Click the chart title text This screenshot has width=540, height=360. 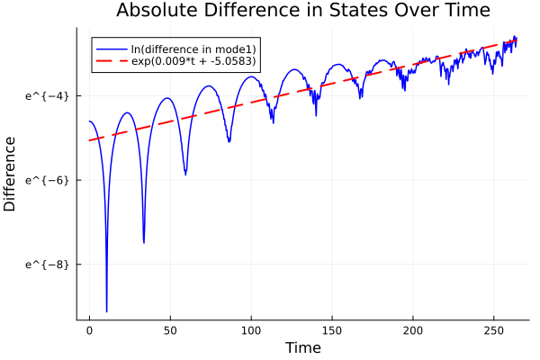[302, 12]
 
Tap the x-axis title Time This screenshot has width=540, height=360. [302, 347]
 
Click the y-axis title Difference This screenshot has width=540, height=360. [11, 174]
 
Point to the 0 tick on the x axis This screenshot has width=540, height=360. [89, 331]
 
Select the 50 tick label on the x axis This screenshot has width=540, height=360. [170, 331]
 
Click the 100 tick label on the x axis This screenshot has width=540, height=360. [251, 331]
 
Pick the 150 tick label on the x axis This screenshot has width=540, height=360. [332, 331]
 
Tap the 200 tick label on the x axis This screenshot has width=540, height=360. [413, 331]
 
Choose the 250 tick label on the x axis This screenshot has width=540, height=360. [494, 331]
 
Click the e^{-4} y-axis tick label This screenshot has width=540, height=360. [42, 95]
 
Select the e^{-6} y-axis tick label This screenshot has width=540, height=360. [42, 180]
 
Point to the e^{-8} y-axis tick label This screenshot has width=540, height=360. [42, 265]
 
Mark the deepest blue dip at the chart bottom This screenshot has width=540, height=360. [106, 310]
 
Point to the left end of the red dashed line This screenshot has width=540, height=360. [89, 140]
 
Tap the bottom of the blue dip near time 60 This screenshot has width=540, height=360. [185, 174]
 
